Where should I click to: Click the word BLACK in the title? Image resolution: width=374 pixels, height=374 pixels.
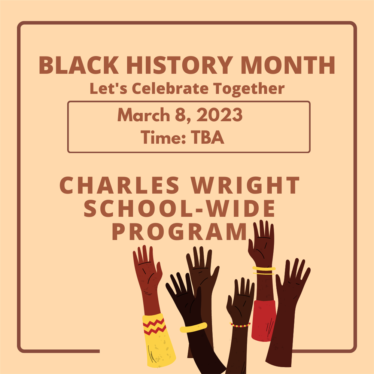[79, 65]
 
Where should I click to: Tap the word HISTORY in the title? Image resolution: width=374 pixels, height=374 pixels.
[180, 65]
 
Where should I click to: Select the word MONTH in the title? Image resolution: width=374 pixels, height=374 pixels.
[288, 65]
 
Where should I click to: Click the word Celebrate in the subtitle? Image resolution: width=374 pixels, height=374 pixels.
[170, 88]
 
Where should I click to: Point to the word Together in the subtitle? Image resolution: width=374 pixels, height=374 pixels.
[249, 89]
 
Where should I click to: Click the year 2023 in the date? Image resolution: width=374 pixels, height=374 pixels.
[219, 115]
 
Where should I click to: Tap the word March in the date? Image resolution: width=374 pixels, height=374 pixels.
[144, 115]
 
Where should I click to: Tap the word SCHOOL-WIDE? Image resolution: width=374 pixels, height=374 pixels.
[179, 208]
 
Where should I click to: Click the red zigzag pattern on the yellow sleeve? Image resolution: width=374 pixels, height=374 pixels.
[155, 326]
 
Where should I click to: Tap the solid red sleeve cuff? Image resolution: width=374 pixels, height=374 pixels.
[264, 320]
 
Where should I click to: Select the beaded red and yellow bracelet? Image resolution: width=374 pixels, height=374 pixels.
[240, 325]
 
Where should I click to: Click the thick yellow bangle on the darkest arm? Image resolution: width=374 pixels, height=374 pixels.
[194, 327]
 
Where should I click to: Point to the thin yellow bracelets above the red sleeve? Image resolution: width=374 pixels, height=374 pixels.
[264, 270]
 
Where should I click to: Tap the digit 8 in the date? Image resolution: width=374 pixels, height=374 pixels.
[180, 115]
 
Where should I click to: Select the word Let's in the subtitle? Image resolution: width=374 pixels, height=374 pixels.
[109, 88]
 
